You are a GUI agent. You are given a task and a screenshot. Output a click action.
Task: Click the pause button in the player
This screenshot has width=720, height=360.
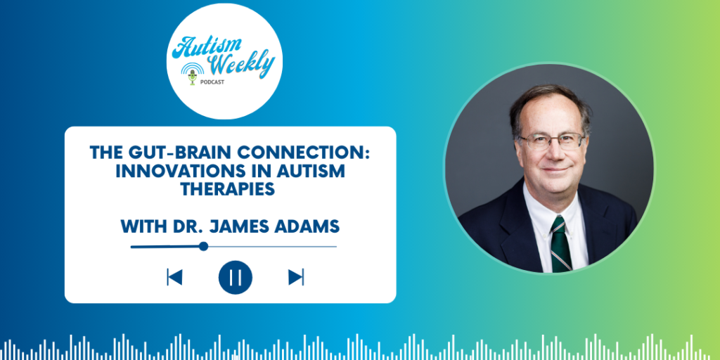point(236,277)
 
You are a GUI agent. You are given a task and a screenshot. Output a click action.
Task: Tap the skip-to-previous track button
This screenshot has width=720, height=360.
point(174,277)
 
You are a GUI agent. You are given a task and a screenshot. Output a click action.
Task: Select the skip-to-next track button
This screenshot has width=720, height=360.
point(296,277)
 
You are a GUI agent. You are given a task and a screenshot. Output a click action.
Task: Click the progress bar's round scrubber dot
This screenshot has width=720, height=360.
point(203,246)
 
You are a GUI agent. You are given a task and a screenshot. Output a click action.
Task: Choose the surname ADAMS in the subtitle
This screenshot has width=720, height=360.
point(310,226)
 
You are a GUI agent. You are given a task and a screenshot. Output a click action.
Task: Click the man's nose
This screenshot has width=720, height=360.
point(554,151)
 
